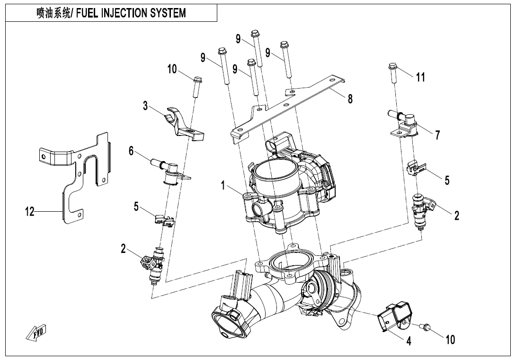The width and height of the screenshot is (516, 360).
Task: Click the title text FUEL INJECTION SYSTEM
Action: pyautogui.click(x=131, y=13)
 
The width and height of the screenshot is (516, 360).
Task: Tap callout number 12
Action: pyautogui.click(x=30, y=211)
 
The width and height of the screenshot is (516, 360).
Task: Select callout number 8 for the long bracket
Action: pyautogui.click(x=350, y=99)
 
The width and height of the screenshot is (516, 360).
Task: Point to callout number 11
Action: pyautogui.click(x=420, y=77)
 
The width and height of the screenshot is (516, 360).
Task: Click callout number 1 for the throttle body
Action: pyautogui.click(x=223, y=186)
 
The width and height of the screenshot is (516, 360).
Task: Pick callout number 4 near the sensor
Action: pyautogui.click(x=409, y=341)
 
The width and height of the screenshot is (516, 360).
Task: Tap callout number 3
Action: pyautogui.click(x=145, y=106)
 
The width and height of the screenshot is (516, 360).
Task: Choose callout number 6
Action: pyautogui.click(x=131, y=151)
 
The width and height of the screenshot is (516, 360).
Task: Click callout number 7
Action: pyautogui.click(x=437, y=135)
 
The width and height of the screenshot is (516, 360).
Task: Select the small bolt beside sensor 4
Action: pyautogui.click(x=425, y=326)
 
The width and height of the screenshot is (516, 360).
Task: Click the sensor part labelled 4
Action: pyautogui.click(x=393, y=316)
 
